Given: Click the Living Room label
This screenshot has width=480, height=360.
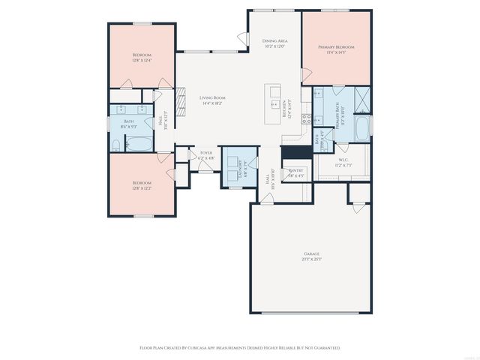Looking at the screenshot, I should [x=212, y=97].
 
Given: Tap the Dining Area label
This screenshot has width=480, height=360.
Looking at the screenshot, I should [x=275, y=40].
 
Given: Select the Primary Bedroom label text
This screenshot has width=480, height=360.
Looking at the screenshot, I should [x=340, y=46].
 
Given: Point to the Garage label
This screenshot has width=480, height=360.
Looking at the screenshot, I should [x=311, y=254].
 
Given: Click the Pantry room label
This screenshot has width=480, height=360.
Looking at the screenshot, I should [x=296, y=170].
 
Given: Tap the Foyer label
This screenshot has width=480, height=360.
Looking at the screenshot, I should [x=205, y=153].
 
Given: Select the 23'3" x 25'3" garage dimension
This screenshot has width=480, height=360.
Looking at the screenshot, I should [x=311, y=259].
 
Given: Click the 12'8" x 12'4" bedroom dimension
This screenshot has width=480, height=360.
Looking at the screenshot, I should [x=142, y=60].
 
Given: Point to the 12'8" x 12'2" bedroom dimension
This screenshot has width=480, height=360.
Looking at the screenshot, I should [x=142, y=187].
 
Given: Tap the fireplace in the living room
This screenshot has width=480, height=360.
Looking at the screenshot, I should [x=179, y=98].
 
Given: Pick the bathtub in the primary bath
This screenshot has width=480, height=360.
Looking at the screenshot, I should [x=363, y=128].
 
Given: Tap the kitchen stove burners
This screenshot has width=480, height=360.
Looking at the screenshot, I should [x=305, y=118].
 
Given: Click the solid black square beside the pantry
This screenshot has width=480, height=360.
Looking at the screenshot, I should [x=291, y=151].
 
